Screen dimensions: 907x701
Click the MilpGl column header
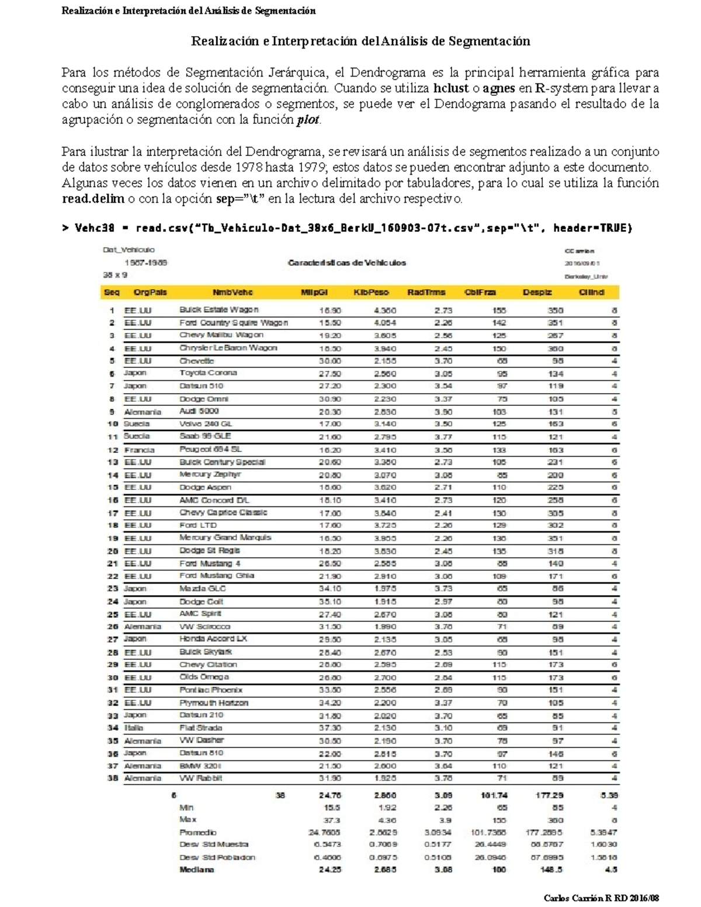pos(314,292)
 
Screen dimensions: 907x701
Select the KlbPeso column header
pos(371,292)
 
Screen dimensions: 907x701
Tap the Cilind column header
pos(591,292)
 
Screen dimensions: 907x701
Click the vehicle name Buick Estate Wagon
pos(218,310)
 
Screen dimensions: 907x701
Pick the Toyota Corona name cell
pos(208,373)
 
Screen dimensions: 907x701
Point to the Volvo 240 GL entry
pos(205,423)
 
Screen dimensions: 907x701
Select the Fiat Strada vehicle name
pos(200,728)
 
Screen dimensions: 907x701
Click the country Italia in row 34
pos(134,728)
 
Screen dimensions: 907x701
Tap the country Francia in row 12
pos(139,450)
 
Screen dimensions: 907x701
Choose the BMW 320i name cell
pos(200,766)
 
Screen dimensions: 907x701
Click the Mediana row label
pos(196,870)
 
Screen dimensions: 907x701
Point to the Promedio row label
pos(197,832)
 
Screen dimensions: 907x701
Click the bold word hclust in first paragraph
pos(451,89)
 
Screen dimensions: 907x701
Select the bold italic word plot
pos(308,120)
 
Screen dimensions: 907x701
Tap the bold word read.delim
pos(93,199)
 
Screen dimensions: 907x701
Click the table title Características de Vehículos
pos(346,263)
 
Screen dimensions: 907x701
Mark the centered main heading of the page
pos(360,41)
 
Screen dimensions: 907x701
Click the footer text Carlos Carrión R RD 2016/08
pos(601,898)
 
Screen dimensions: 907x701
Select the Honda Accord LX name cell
pos(213,639)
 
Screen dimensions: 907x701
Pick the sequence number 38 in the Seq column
pos(113,778)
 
